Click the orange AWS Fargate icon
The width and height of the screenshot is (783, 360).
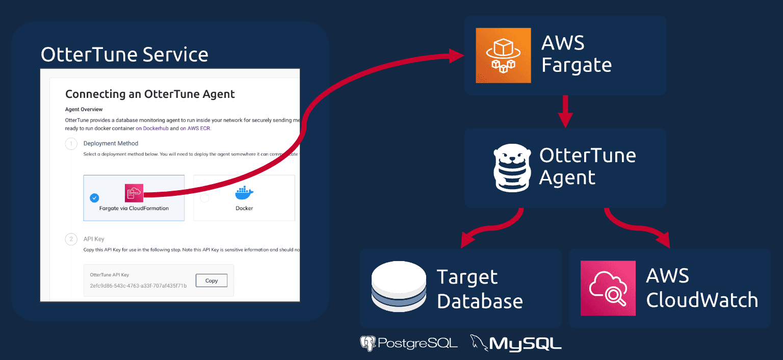[503, 55]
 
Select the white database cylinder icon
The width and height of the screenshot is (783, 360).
[399, 287]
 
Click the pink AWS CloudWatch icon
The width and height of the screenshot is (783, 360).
[608, 288]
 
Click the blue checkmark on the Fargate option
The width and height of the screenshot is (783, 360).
[94, 198]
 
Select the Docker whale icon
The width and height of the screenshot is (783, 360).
[244, 193]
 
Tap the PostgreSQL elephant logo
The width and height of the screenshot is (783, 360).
[368, 343]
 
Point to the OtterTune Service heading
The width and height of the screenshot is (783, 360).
[124, 55]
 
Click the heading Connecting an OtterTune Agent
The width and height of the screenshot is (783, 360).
[150, 94]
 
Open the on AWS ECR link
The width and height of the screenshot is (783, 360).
[195, 128]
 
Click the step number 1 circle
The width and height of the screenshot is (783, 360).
[71, 144]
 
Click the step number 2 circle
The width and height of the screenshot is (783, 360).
[71, 239]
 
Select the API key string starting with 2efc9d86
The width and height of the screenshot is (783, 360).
[138, 286]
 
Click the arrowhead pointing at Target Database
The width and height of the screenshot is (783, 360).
[466, 240]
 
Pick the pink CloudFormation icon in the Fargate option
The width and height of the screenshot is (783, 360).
[134, 193]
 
